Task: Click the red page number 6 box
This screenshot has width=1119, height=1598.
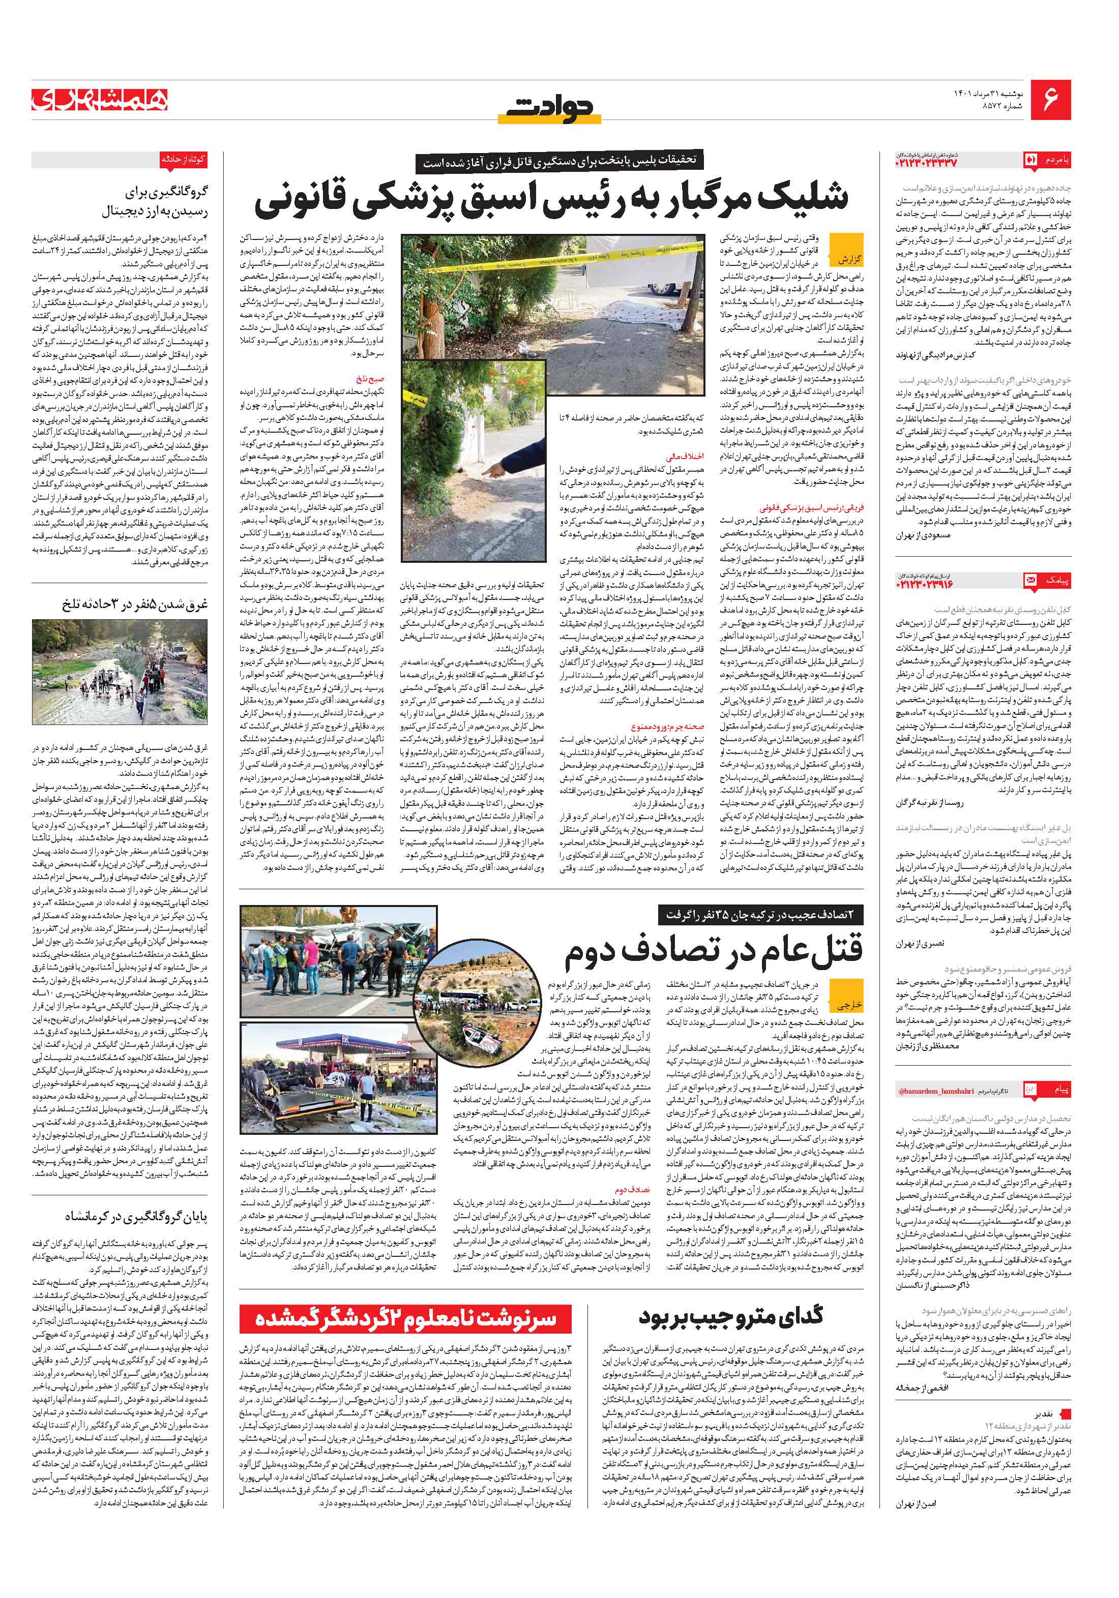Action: [1050, 100]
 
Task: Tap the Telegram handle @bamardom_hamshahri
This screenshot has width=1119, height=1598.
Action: [929, 1091]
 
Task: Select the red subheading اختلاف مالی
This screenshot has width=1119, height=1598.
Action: [685, 457]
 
